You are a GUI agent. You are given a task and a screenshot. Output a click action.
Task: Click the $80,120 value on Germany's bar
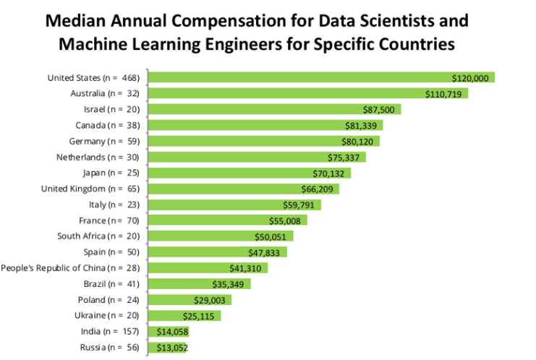pos(359,141)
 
